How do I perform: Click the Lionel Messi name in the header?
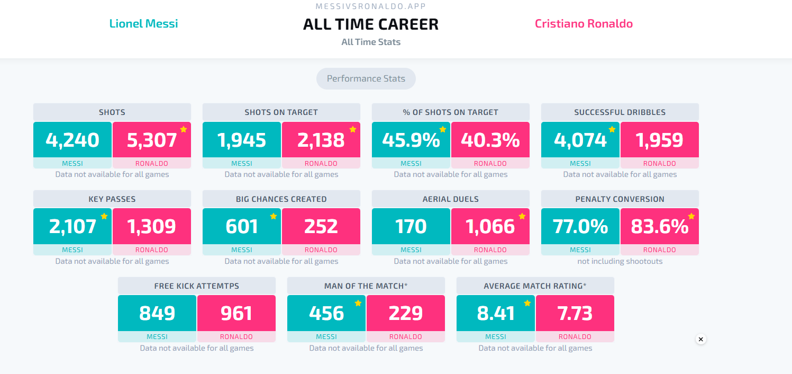pyautogui.click(x=143, y=23)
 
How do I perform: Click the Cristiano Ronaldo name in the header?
pyautogui.click(x=584, y=23)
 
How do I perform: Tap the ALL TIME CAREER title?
pyautogui.click(x=371, y=24)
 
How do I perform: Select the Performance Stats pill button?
pyautogui.click(x=366, y=78)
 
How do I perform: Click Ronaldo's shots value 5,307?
pyautogui.click(x=152, y=140)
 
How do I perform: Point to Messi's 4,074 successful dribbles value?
pyautogui.click(x=580, y=140)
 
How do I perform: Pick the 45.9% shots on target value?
pyautogui.click(x=411, y=140)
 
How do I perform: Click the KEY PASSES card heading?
pyautogui.click(x=112, y=199)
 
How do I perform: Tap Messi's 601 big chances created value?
pyautogui.click(x=242, y=226)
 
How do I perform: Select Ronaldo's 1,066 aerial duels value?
pyautogui.click(x=490, y=226)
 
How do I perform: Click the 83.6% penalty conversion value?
pyautogui.click(x=659, y=226)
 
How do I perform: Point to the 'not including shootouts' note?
pyautogui.click(x=620, y=261)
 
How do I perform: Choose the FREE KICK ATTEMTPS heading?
pyautogui.click(x=197, y=286)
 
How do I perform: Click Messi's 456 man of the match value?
pyautogui.click(x=326, y=313)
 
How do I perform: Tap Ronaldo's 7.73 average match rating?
pyautogui.click(x=575, y=313)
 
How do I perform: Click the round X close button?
pyautogui.click(x=701, y=339)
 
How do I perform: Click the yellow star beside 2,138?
pyautogui.click(x=352, y=129)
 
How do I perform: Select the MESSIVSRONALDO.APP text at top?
pyautogui.click(x=371, y=6)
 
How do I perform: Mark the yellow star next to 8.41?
pyautogui.click(x=527, y=303)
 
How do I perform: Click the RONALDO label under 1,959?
pyautogui.click(x=659, y=163)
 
